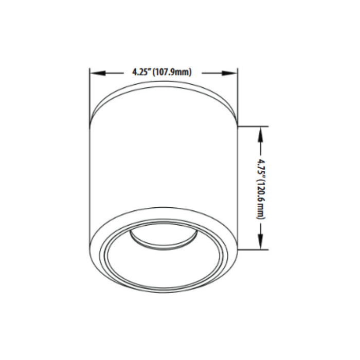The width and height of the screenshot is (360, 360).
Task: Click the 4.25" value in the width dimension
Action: [x=140, y=73]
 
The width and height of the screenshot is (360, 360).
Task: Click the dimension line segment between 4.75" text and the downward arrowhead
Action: [x=262, y=229]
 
